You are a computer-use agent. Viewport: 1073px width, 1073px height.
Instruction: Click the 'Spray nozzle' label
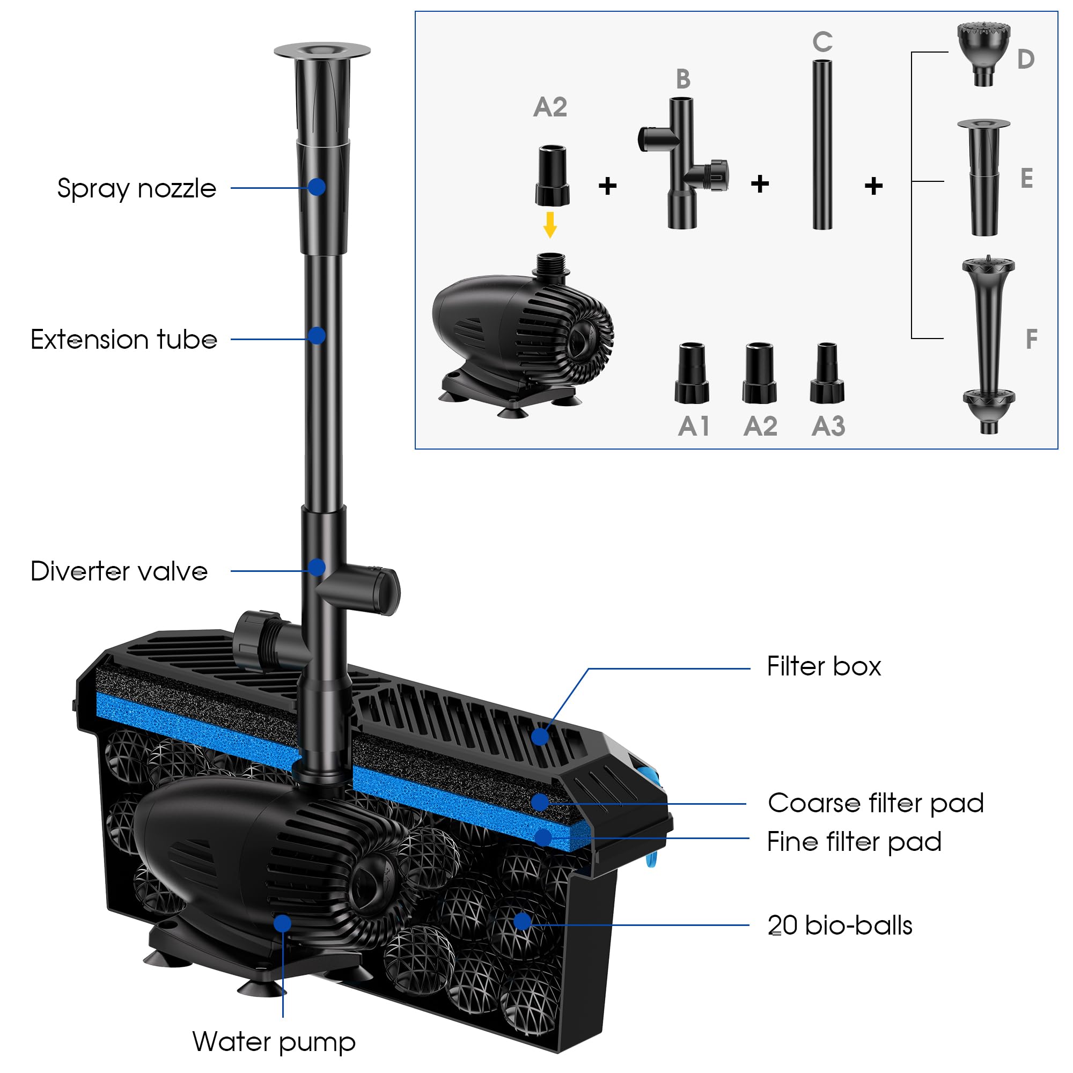(137, 189)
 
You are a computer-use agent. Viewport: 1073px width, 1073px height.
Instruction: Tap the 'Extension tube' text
(123, 340)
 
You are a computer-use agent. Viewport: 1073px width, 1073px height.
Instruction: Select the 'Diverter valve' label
(119, 571)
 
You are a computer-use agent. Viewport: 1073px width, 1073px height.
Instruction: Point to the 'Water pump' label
(274, 1042)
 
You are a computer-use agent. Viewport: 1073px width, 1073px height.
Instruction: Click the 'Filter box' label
(824, 666)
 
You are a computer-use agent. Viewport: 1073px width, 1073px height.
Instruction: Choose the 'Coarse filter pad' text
(875, 804)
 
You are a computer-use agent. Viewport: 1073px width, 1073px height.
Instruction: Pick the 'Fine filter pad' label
(854, 842)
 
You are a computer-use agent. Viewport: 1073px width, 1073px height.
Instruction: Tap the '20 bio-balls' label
(840, 926)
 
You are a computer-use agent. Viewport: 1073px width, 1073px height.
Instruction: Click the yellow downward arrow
(550, 225)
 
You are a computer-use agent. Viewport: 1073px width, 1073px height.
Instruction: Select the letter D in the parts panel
(1025, 60)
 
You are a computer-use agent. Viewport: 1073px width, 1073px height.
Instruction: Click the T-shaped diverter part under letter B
(682, 163)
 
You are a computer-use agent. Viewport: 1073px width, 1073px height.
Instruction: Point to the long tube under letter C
(822, 145)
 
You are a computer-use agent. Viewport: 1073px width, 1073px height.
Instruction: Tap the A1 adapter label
(694, 427)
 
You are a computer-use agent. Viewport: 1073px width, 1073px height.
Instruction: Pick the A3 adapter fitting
(827, 373)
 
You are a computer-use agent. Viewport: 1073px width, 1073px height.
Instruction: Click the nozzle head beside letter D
(983, 53)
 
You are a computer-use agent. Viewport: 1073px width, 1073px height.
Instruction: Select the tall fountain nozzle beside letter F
(989, 344)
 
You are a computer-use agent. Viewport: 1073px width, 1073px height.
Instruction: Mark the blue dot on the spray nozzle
(317, 187)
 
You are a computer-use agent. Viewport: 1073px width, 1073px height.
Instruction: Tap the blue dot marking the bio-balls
(522, 921)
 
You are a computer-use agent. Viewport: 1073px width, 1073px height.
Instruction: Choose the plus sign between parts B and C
(760, 184)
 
